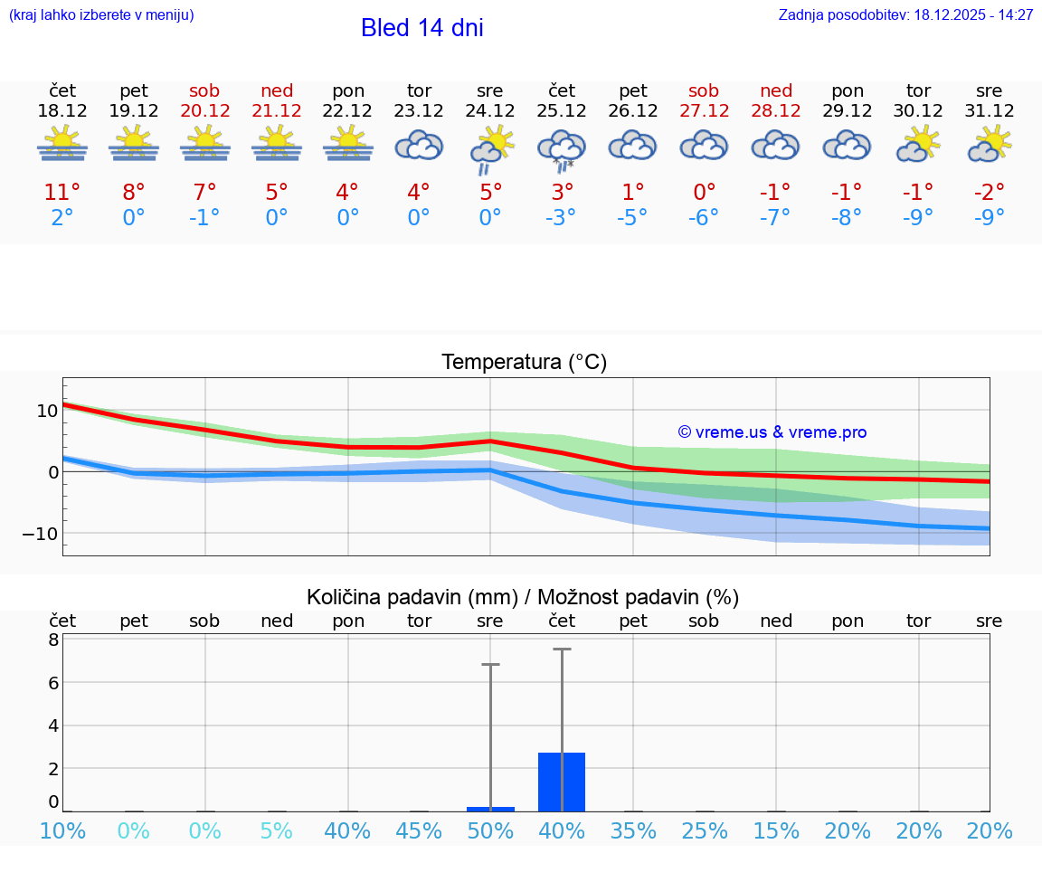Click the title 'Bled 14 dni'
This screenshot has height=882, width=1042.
422,28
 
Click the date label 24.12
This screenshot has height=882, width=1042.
490,111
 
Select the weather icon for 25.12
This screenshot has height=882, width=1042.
562,148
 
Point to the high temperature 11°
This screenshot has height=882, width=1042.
62,193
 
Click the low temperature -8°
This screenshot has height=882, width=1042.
848,217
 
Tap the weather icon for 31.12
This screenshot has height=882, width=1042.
989,145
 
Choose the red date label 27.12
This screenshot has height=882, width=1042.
704,111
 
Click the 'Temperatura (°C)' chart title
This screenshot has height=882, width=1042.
524,363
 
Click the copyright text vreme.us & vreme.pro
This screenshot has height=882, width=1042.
772,432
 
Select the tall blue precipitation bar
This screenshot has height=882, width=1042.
562,782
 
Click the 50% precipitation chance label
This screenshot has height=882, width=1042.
490,831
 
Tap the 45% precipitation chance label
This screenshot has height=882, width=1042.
419,831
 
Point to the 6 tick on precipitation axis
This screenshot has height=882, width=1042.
52,682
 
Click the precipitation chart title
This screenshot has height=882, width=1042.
523,597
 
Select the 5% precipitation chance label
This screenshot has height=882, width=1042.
277,831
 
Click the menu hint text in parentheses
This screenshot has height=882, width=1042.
101,15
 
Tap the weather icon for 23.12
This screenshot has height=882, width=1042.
419,145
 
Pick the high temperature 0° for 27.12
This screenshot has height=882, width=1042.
704,193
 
